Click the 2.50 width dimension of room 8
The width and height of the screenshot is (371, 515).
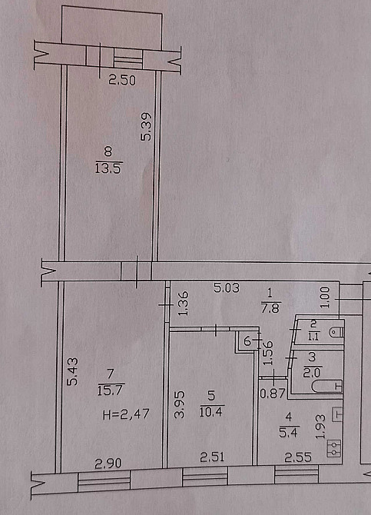coord(122,81)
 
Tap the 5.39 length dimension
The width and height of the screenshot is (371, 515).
coord(146,127)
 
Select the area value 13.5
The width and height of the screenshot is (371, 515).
coord(108,168)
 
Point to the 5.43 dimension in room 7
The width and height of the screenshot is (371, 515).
coord(72,371)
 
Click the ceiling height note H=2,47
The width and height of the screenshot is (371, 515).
coord(126,414)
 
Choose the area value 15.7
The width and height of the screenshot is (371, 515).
coord(110,390)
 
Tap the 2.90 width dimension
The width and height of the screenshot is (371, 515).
coord(108,463)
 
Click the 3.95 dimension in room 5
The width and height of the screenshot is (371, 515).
coord(179,404)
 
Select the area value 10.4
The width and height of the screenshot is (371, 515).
coord(211,412)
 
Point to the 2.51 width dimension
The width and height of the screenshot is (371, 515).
coord(212,457)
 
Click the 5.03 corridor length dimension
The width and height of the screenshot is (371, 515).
coord(227,288)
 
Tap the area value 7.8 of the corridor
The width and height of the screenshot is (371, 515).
coord(270,308)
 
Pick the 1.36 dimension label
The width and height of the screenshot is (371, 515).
coord(184,303)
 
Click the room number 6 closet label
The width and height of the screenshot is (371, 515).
coord(247,341)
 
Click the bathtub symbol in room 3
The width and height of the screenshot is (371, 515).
coord(327,386)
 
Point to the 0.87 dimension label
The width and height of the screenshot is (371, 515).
coord(272,394)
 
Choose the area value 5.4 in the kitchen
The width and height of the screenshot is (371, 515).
coord(288,433)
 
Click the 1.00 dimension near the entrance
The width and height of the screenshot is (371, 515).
coord(324,297)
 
